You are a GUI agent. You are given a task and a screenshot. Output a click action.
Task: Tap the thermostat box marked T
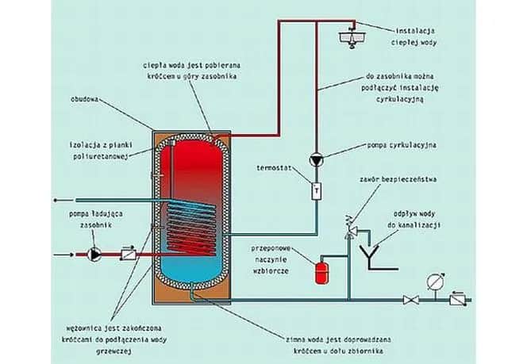click(316, 190)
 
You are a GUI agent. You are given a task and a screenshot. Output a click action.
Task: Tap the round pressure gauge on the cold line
click(432, 280)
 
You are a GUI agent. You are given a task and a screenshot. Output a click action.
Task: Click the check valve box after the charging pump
click(127, 256)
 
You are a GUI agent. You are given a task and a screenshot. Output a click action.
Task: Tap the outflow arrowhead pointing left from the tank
click(55, 199)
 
